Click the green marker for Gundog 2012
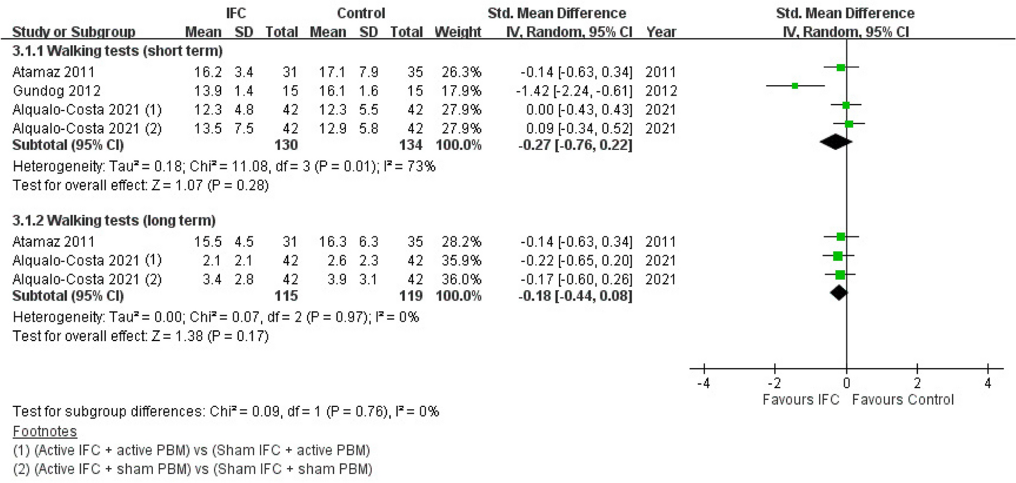795,86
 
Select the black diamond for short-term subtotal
836,141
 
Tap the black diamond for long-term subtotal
839,292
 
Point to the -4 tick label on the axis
703,383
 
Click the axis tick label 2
917,383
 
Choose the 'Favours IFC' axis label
801,399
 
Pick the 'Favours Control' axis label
903,399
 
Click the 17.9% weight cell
462,91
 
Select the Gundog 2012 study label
57,91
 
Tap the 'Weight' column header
458,32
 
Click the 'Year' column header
661,32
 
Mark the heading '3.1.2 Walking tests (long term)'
114,220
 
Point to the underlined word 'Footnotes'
45,431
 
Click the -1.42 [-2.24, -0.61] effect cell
576,91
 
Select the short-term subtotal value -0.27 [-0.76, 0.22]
575,145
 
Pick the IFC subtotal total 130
286,145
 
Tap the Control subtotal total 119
411,296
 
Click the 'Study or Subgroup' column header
74,32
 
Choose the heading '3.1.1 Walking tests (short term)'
117,51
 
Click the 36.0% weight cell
462,279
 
